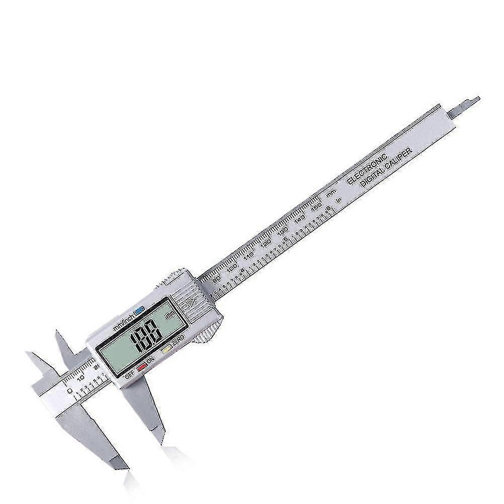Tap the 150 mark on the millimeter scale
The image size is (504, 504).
coord(316,206)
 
